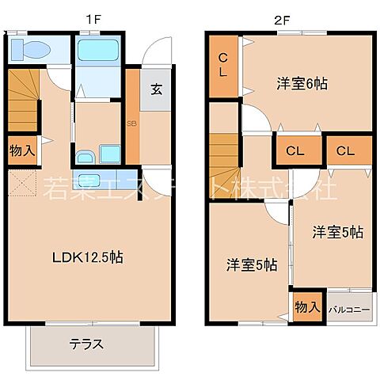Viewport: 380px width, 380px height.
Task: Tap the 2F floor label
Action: click(281, 17)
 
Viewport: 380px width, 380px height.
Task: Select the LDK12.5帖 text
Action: click(87, 257)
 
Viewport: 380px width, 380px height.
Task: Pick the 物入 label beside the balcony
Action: click(306, 307)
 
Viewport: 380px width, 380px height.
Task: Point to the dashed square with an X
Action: click(24, 185)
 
